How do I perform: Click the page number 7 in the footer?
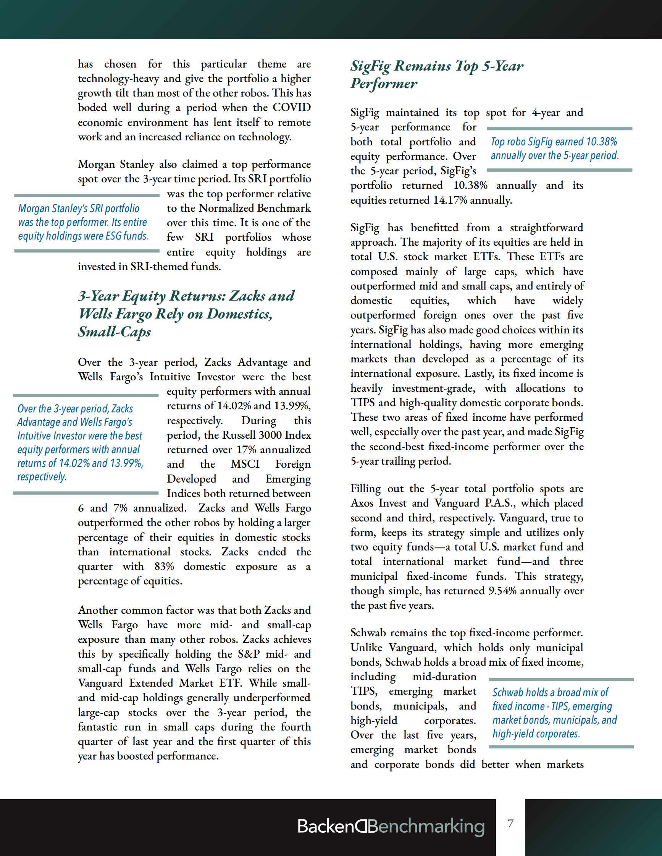(510, 823)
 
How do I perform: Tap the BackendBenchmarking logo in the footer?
(391, 826)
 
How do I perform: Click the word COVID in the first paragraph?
(291, 108)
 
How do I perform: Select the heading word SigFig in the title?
(370, 66)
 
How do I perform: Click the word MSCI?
(245, 464)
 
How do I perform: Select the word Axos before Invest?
(363, 503)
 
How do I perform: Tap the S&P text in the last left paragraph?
(249, 654)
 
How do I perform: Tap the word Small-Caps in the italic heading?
(114, 331)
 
